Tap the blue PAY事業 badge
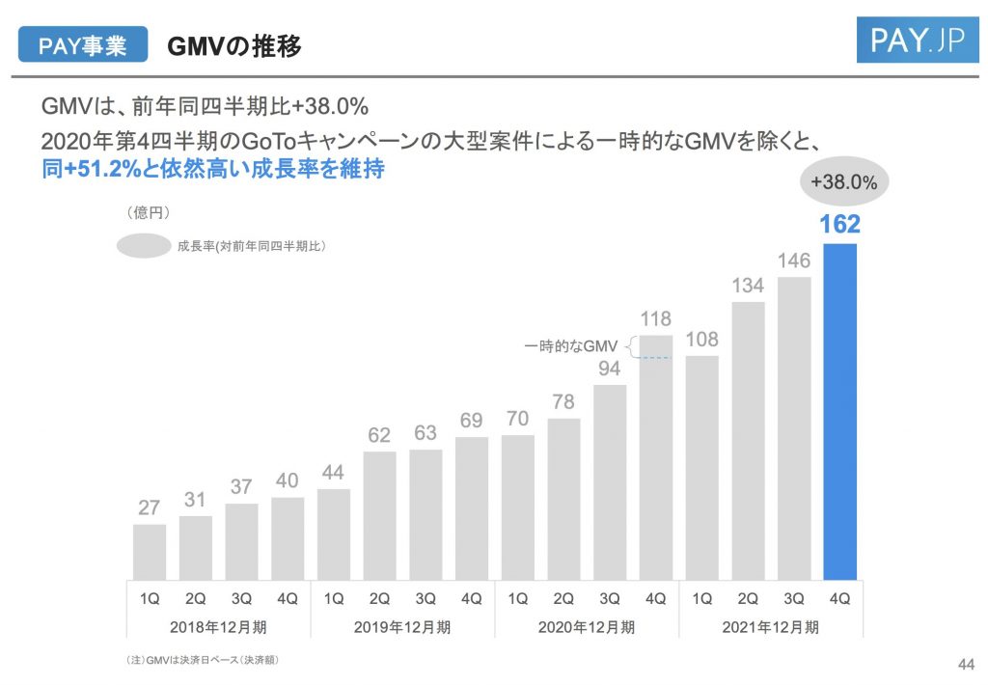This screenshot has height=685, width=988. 83,45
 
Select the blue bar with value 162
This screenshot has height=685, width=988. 839,410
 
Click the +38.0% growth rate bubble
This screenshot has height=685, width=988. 843,181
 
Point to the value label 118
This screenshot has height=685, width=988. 655,319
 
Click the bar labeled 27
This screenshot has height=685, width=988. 149,551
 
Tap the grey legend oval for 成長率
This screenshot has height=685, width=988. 144,246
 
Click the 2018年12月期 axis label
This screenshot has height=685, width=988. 218,627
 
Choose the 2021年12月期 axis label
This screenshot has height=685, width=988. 770,627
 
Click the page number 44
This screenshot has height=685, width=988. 963,663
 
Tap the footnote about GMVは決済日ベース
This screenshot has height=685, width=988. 204,660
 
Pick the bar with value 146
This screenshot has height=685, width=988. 793,427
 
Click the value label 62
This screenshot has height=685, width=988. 379,436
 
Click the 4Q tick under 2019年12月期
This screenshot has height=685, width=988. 471,598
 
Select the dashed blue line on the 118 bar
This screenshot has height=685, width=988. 654,358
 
